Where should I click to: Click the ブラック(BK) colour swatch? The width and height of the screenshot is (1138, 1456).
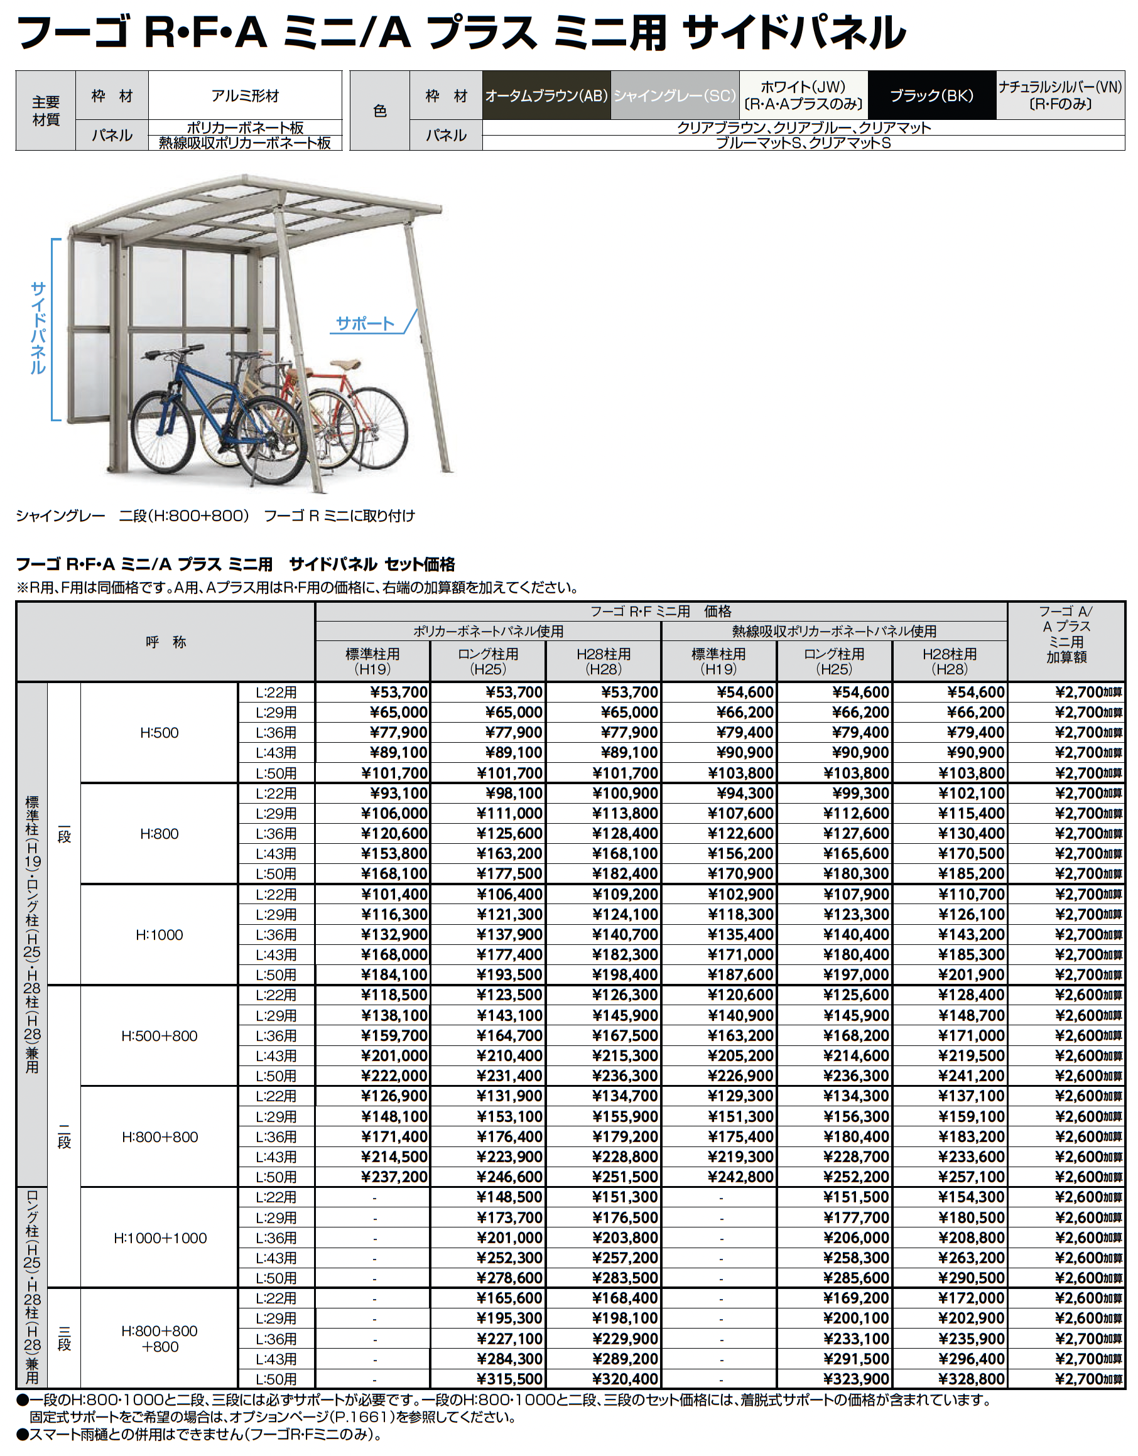pos(931,95)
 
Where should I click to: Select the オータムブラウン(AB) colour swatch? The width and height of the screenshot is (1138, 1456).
pos(546,95)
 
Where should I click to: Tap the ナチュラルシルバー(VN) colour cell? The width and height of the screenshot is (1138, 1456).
pos(1060,95)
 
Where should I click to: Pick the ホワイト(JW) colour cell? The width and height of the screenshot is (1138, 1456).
pos(803,95)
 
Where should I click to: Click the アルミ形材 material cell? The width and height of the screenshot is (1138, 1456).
pos(245,95)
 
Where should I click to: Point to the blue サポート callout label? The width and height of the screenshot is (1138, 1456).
pos(365,324)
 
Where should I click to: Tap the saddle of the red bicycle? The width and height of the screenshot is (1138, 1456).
pos(345,365)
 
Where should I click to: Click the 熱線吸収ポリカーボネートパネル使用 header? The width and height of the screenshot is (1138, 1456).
pos(834,630)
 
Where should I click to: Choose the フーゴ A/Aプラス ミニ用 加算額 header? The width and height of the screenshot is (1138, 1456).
pos(1065,634)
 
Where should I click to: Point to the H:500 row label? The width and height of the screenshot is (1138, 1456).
pos(160,733)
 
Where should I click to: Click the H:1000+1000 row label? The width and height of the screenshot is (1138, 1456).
pos(160,1238)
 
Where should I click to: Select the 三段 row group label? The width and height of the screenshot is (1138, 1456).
pos(64,1338)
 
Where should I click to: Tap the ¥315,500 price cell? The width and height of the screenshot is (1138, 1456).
pos(510,1379)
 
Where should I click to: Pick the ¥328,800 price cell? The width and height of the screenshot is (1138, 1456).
pos(971,1379)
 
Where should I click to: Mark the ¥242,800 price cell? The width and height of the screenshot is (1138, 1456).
pos(740,1177)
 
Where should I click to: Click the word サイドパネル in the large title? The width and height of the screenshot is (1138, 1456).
pos(793,32)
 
